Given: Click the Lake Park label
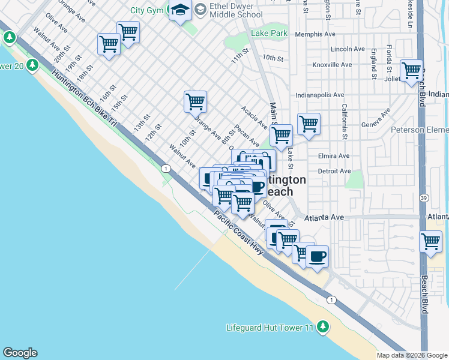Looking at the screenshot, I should pyautogui.click(x=270, y=34).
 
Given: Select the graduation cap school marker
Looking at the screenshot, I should pyautogui.click(x=180, y=10).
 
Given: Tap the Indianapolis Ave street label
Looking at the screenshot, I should pyautogui.click(x=320, y=95).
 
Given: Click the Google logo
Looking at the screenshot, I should pyautogui.click(x=20, y=353).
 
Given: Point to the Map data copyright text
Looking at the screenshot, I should pyautogui.click(x=411, y=355).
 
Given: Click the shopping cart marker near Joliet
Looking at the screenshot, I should pyautogui.click(x=412, y=71).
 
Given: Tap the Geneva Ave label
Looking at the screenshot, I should pyautogui.click(x=373, y=119).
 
